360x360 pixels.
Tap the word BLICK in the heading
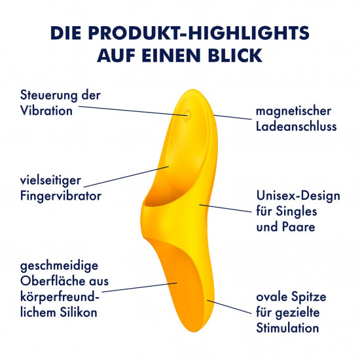tap(235, 56)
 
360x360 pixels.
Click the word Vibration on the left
tap(46, 111)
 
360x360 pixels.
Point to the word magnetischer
tap(293, 111)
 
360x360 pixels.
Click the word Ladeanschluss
tap(296, 126)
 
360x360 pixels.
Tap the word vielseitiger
tap(50, 181)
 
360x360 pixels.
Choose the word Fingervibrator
tap(61, 196)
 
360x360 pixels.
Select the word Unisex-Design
tap(298, 196)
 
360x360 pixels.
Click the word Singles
tap(296, 211)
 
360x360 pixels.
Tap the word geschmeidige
tap(59, 266)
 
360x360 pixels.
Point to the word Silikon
tap(79, 312)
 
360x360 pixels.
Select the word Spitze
tap(308, 297)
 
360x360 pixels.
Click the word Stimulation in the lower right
tap(287, 328)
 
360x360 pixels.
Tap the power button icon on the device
tap(188, 114)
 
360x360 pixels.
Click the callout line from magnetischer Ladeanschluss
tap(232, 117)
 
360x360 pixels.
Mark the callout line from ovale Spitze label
tap(229, 306)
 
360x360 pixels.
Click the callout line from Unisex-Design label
tap(225, 207)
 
